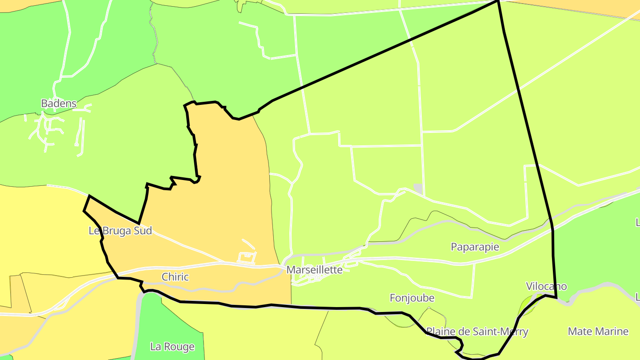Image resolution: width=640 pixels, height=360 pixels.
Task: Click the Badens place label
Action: pos(59,104)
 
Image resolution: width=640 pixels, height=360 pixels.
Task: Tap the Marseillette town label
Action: pos(314,270)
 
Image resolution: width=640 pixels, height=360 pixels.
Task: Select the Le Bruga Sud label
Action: pos(120,231)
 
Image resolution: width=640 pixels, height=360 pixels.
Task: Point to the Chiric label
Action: pos(175,277)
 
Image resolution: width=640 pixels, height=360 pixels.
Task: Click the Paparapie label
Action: pos(475,247)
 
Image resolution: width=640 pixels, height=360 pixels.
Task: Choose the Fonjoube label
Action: pos(412,298)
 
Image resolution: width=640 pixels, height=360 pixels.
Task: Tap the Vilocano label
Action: pos(546,286)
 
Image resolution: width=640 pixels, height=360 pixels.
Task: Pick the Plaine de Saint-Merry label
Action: pos(477,332)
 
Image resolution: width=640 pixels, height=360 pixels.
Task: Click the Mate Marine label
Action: pos(598,332)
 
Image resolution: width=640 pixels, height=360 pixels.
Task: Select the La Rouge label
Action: pos(172,347)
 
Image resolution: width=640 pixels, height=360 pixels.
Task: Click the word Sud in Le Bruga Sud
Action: pos(143,231)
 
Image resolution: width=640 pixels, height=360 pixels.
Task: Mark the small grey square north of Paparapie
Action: pos(418,189)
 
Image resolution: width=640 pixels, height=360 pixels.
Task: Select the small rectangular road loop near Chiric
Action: pos(247,257)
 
